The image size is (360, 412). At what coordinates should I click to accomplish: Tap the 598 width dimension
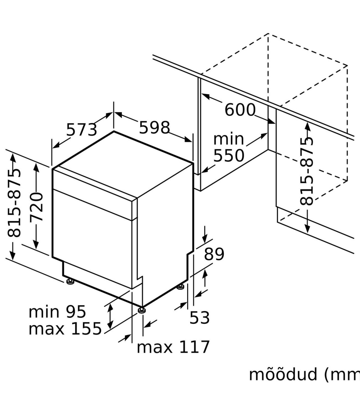point(154,128)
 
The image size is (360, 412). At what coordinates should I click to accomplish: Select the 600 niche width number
point(240,110)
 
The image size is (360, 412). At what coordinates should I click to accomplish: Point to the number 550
point(229,156)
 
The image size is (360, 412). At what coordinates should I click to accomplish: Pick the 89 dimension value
point(214,254)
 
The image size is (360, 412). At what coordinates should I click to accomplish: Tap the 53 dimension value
point(199,317)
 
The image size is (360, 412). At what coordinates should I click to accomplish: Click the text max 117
point(173,347)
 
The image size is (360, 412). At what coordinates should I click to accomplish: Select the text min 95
point(57,312)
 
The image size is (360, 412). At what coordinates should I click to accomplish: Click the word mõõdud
point(283,375)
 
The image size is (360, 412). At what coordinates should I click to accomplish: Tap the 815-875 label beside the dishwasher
point(14,203)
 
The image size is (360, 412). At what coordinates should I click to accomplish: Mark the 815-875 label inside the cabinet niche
point(307,171)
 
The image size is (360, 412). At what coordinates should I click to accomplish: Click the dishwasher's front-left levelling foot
point(70,281)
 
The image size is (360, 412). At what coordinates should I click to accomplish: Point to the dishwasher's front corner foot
point(142,310)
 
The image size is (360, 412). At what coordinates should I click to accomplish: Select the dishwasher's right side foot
point(181,287)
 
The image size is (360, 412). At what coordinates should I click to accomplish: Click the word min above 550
point(228,139)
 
